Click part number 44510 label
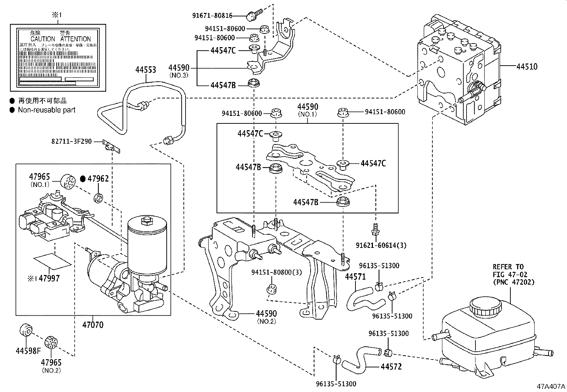[526, 66]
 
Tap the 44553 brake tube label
[145, 70]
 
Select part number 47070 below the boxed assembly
[93, 325]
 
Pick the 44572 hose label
[391, 366]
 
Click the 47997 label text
[49, 278]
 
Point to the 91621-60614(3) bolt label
[381, 245]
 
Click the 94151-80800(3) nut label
[276, 272]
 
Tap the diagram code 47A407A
[551, 387]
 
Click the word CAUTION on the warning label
[43, 39]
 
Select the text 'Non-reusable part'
[47, 110]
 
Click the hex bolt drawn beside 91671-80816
[252, 14]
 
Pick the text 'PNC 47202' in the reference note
[514, 282]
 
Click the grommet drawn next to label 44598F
[25, 330]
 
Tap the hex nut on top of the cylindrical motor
[146, 220]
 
